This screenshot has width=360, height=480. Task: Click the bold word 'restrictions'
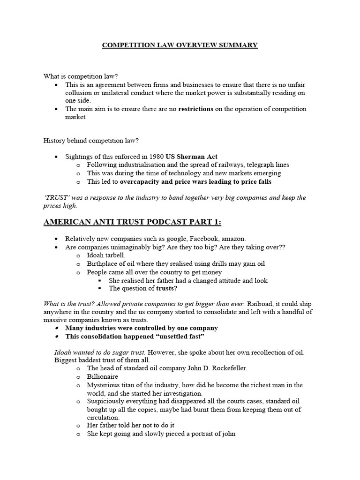pyautogui.click(x=195, y=109)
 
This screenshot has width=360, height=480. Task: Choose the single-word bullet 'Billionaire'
pyautogui.click(x=103, y=376)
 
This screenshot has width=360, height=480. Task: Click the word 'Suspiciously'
pyautogui.click(x=108, y=401)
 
